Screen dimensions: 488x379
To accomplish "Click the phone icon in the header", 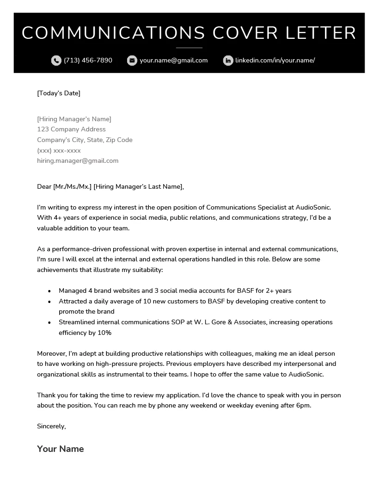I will click(x=56, y=61).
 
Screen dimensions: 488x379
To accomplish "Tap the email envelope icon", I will click(x=132, y=61).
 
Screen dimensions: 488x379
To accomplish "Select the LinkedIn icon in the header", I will click(x=228, y=61).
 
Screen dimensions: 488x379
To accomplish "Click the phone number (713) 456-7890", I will click(x=88, y=60).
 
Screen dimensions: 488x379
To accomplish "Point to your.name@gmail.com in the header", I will click(x=173, y=60).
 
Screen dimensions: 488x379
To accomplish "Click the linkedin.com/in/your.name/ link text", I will click(x=275, y=60).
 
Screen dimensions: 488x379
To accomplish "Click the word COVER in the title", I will click(x=245, y=33).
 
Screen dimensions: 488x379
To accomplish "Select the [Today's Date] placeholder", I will click(x=59, y=93).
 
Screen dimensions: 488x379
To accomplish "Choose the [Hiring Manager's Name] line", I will click(x=74, y=119).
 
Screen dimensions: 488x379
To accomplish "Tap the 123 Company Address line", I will click(x=71, y=130).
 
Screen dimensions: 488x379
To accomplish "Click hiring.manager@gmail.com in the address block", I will click(x=78, y=161).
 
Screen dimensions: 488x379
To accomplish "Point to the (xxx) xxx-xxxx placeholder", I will click(x=59, y=150).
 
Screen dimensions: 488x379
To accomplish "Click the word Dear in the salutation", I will click(x=44, y=186).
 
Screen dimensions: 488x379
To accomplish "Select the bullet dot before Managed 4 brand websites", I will click(x=49, y=291).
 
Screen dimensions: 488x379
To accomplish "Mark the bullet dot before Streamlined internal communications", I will click(x=49, y=322).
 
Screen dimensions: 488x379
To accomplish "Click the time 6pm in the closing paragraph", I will click(x=303, y=406).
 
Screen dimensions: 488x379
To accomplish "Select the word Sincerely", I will click(x=51, y=426).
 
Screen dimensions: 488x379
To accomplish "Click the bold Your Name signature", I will click(x=61, y=449).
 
